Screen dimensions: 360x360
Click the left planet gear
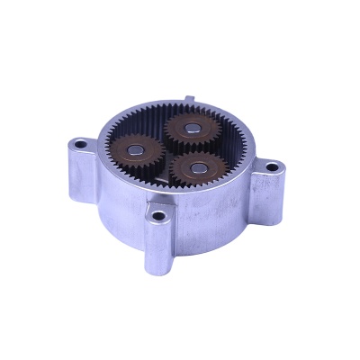136,149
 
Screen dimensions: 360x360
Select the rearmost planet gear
190,129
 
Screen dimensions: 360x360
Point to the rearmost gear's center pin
191,128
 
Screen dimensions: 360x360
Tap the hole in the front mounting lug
158,215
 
